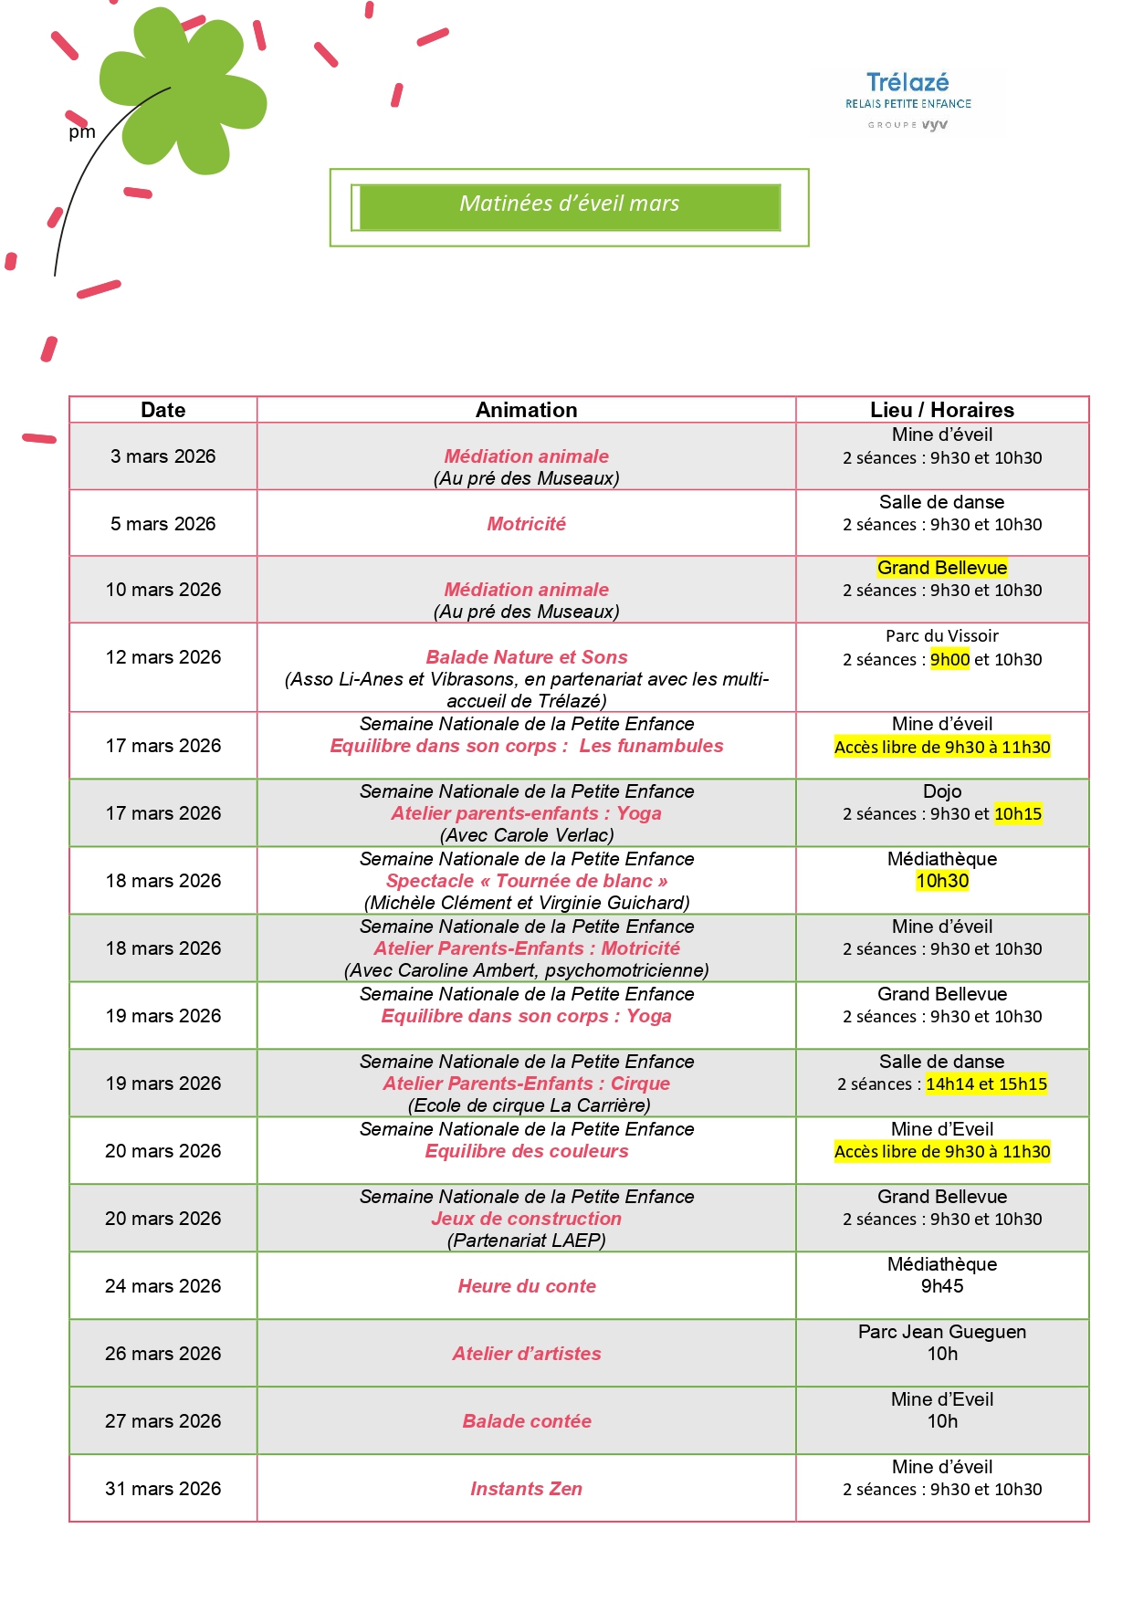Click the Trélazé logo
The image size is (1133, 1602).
click(x=907, y=100)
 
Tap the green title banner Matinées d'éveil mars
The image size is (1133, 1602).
click(x=569, y=206)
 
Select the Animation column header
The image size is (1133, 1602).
click(x=526, y=410)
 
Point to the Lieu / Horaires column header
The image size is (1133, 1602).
click(x=941, y=410)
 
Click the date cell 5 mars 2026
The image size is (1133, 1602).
click(x=163, y=524)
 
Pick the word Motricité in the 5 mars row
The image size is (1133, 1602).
click(x=526, y=524)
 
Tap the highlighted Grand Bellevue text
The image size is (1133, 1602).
click(x=941, y=568)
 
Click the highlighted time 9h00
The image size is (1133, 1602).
click(x=949, y=659)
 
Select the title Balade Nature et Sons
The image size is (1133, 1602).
click(x=527, y=657)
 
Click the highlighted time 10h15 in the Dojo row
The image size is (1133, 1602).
click(x=1017, y=813)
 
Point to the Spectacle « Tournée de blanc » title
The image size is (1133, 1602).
click(x=527, y=881)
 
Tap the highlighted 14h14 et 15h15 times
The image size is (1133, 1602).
click(x=986, y=1084)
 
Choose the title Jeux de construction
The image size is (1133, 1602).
click(x=527, y=1219)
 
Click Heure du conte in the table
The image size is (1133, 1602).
click(x=527, y=1286)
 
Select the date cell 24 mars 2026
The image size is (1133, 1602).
click(x=163, y=1286)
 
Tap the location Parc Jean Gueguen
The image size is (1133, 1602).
click(x=941, y=1332)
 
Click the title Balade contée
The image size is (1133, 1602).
click(x=527, y=1421)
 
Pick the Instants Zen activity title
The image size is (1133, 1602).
click(x=526, y=1489)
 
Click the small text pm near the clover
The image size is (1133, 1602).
click(x=82, y=132)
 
